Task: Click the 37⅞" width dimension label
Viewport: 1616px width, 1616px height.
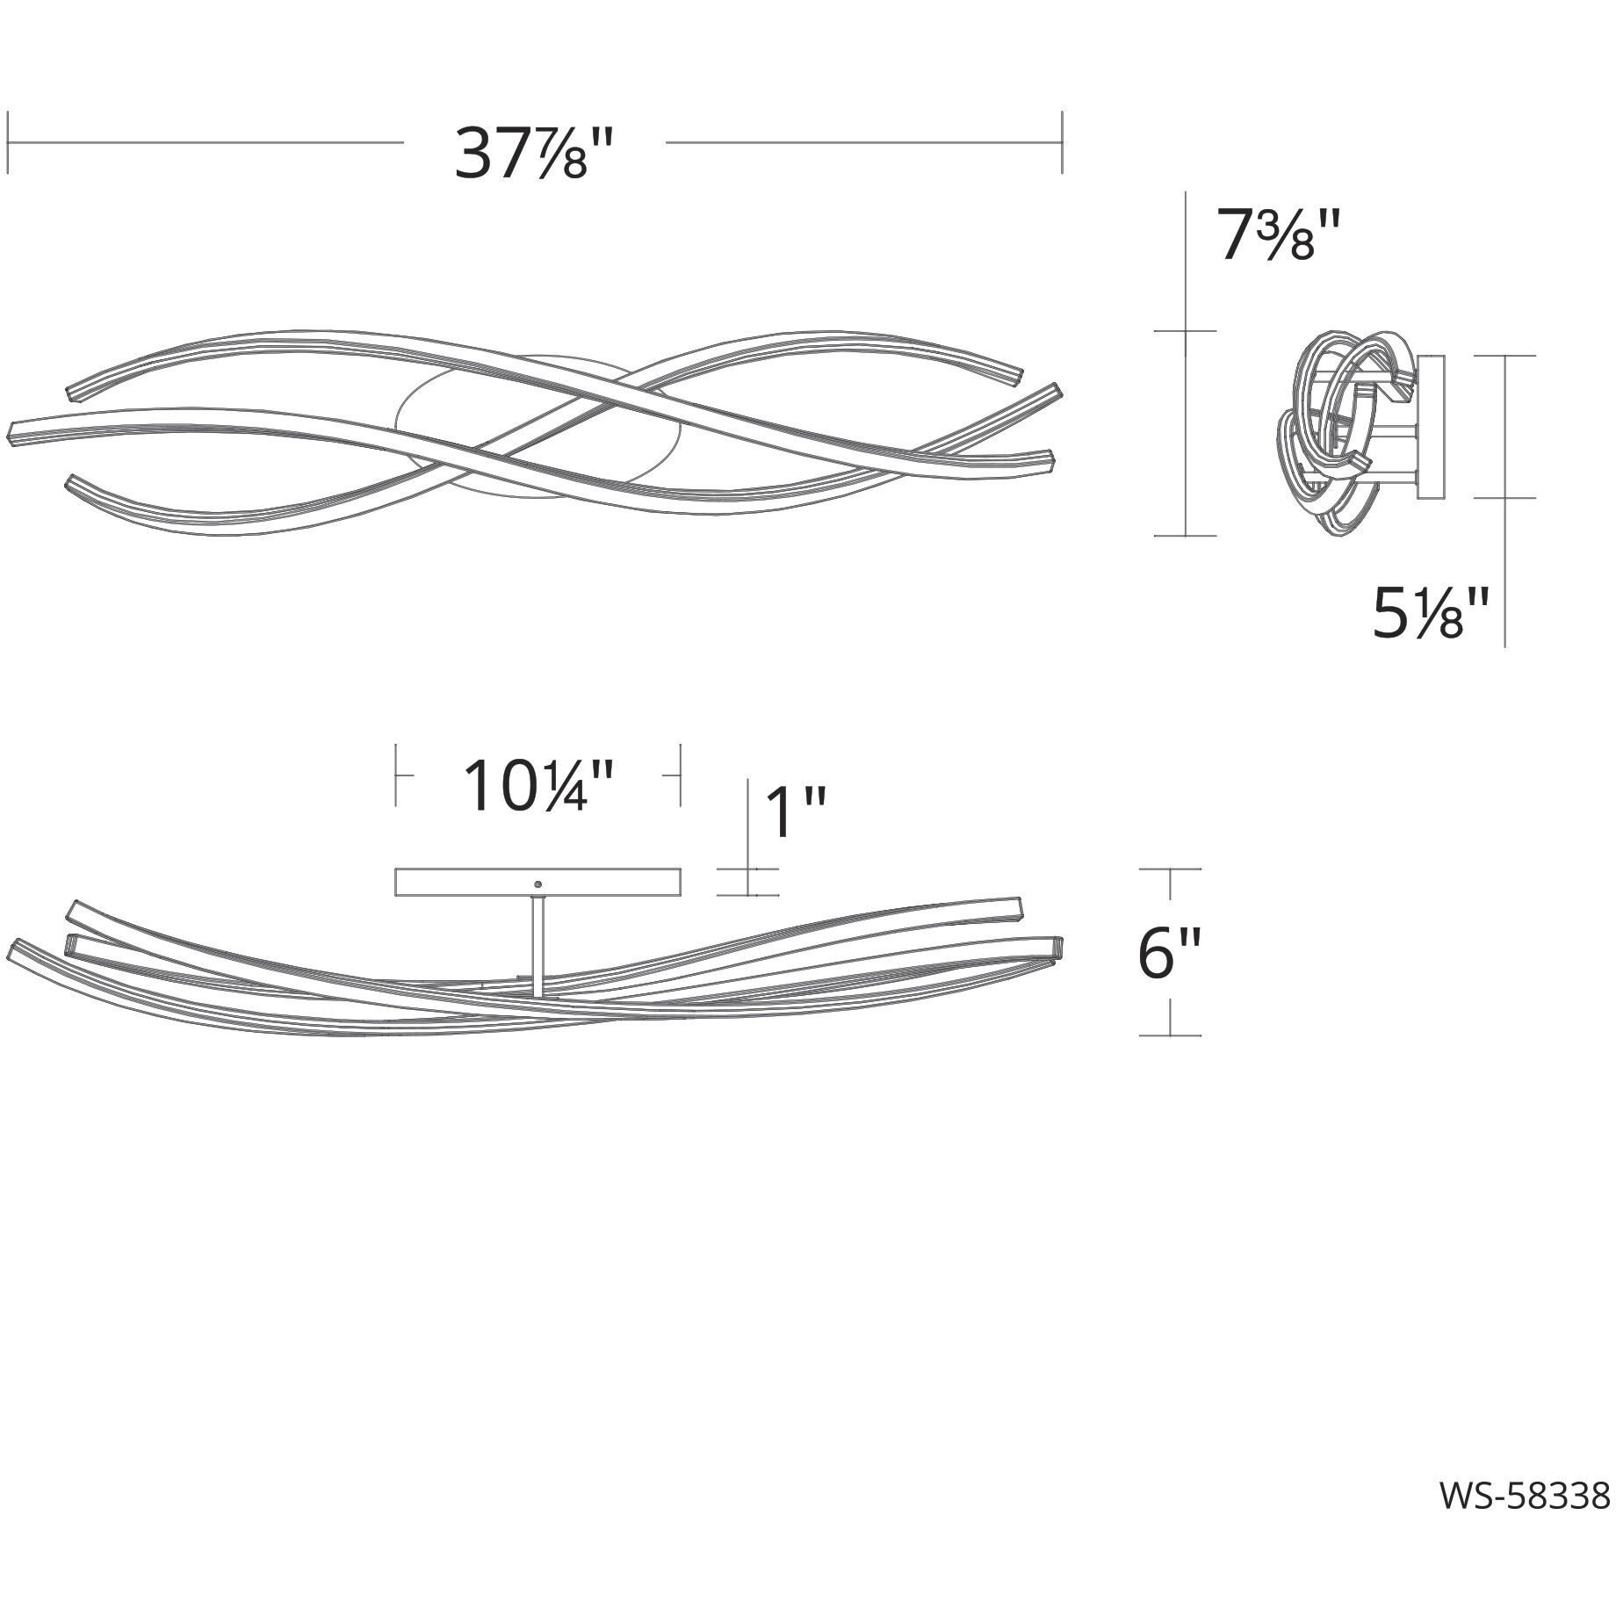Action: pos(533,155)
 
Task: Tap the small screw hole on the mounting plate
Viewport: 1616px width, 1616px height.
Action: pos(538,884)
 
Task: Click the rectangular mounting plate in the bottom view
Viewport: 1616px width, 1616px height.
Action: pos(538,883)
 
